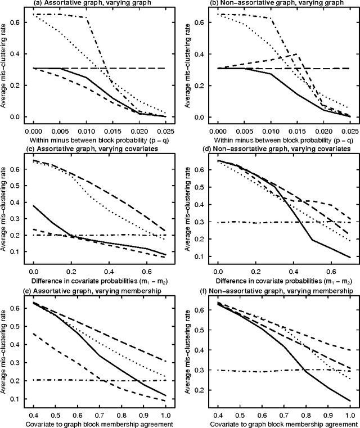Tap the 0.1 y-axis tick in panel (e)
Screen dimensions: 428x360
[17, 399]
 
